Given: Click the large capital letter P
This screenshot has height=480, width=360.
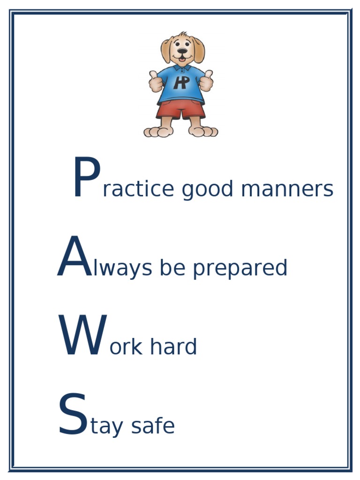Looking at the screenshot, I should (87, 179).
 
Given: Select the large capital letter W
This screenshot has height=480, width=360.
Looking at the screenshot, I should (82, 336).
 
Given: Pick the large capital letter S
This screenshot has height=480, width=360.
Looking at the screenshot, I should (73, 415).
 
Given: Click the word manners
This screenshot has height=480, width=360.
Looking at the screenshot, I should (287, 189).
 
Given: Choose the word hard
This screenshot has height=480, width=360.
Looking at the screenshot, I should (173, 347).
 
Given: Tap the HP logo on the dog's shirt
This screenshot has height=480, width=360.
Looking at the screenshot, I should (181, 82).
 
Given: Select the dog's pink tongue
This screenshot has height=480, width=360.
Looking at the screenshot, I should (182, 59).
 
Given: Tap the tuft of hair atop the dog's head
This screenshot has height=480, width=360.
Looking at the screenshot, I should (182, 34).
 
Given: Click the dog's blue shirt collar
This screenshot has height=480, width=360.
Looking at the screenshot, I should (182, 68).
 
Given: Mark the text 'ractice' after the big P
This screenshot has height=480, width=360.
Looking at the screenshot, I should (138, 189).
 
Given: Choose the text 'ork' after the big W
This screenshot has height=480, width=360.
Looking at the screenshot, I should (126, 347).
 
